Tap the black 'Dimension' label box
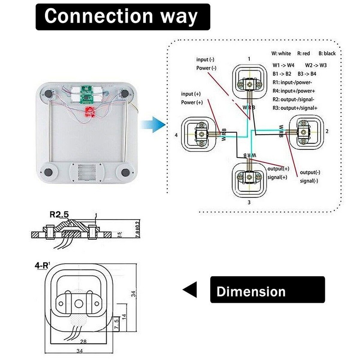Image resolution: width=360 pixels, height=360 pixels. tap(267, 290)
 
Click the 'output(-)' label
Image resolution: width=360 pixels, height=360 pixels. tap(310, 172)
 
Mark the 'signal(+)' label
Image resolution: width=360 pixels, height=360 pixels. tap(278, 177)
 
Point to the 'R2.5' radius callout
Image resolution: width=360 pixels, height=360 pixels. tap(58, 215)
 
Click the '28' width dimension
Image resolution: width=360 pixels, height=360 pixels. tap(83, 342)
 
